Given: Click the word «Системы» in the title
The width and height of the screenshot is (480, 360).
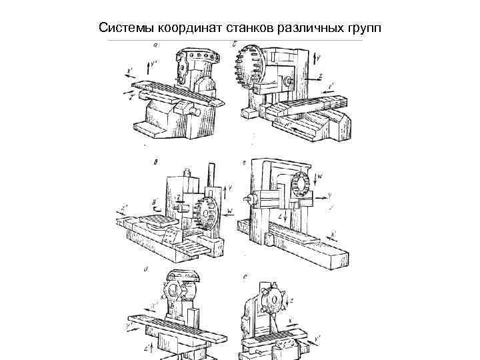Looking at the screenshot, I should click(123, 28).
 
